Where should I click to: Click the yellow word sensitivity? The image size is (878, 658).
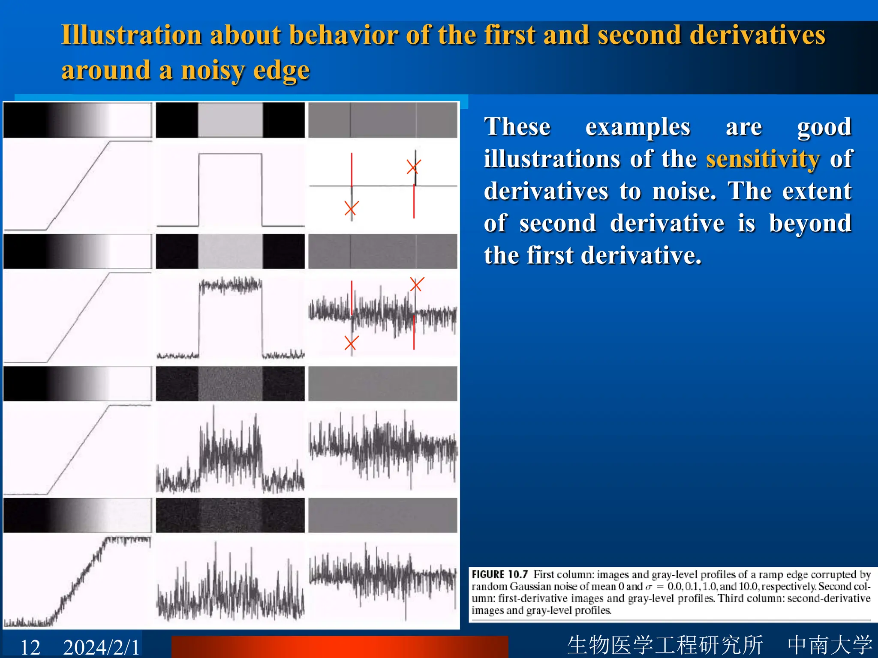click(x=763, y=159)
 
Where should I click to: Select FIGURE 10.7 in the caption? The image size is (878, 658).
click(x=500, y=574)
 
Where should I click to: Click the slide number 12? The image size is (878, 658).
click(x=30, y=647)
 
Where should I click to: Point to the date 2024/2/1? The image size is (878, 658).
click(x=101, y=647)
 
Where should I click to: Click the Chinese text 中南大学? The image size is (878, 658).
click(x=830, y=645)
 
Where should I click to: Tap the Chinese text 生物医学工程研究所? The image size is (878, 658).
click(x=665, y=645)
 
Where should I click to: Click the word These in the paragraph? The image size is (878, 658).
click(x=517, y=127)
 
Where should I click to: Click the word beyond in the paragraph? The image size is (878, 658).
click(x=810, y=223)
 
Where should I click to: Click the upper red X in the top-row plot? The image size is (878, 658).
click(x=414, y=167)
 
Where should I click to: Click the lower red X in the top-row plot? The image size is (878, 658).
click(x=352, y=209)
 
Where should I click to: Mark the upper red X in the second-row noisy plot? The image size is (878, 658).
click(x=417, y=284)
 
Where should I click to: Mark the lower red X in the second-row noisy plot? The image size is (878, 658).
click(x=352, y=343)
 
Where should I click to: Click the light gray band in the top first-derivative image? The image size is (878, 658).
click(x=230, y=120)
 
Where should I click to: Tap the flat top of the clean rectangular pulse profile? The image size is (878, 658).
click(x=230, y=154)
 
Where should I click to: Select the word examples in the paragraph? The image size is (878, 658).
click(x=637, y=127)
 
